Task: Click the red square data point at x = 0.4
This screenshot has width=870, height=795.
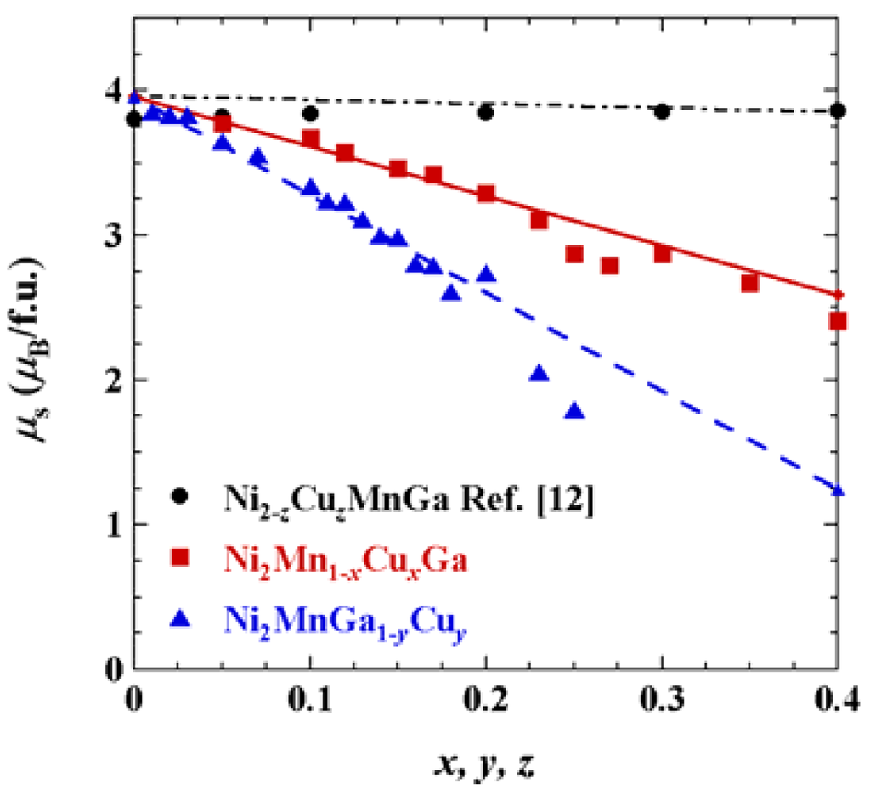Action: (x=838, y=321)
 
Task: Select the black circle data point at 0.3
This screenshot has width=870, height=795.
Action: (x=662, y=111)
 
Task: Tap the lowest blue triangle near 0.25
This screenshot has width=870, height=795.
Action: (x=574, y=411)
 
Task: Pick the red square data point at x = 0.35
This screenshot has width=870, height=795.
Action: (x=749, y=283)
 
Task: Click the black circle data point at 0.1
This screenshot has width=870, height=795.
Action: (x=310, y=113)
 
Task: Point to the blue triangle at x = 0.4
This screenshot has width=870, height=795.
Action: (x=839, y=490)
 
